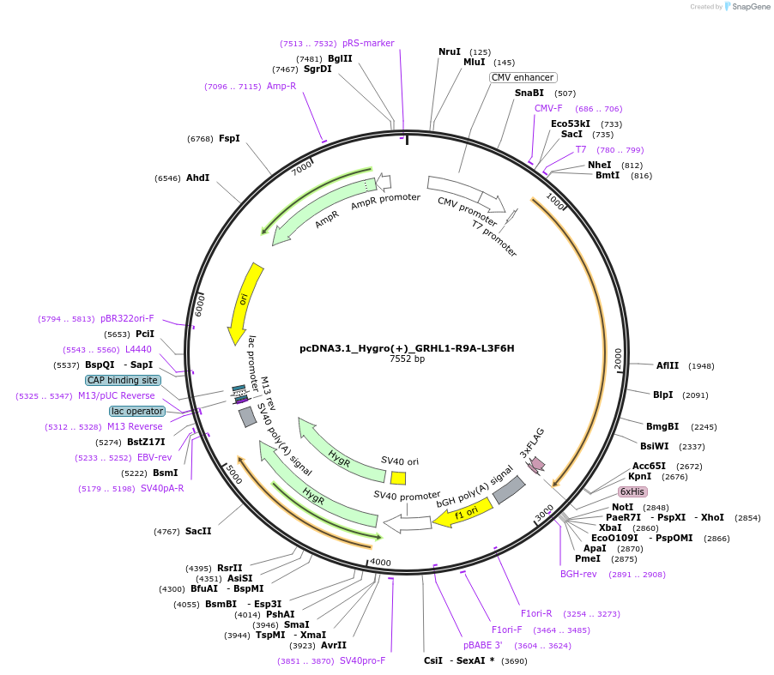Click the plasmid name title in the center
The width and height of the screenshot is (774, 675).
coord(407,348)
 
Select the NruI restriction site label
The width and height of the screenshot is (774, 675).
coord(450,52)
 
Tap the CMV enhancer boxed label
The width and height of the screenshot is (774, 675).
coord(523,77)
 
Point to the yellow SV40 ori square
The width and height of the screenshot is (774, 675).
coord(398,478)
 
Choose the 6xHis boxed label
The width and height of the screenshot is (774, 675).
coord(632,491)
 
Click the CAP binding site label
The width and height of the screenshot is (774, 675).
coord(123,380)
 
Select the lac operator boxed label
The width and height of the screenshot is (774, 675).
coord(137,411)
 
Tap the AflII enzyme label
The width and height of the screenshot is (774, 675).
coord(668,365)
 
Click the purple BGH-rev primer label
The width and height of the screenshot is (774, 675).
coord(578,574)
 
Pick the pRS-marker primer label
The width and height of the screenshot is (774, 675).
coord(368,43)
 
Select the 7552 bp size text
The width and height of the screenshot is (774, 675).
coord(407,359)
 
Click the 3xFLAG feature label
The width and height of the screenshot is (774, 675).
coord(532,442)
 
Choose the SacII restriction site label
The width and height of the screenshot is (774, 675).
coord(198,531)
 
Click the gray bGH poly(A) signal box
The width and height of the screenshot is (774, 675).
coord(508,489)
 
